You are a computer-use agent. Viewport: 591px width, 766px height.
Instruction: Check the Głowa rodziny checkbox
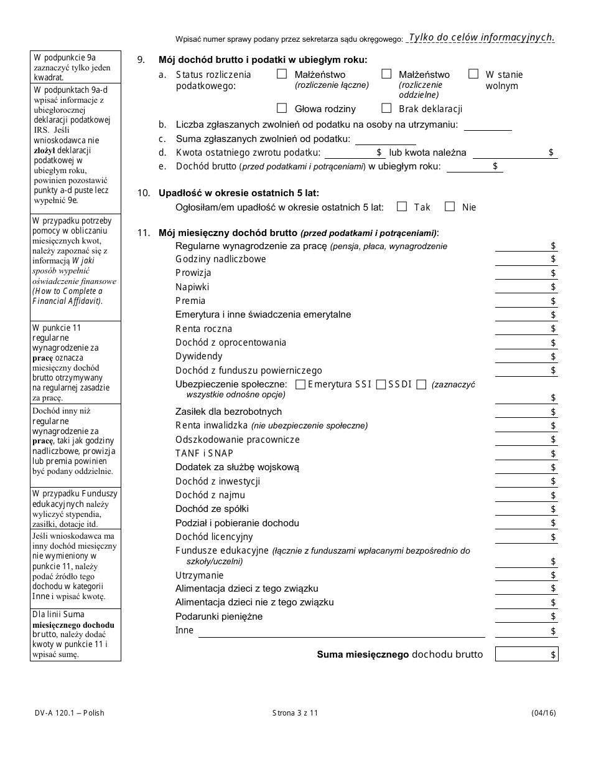282,108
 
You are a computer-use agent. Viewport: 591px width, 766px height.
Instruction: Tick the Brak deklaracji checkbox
386,108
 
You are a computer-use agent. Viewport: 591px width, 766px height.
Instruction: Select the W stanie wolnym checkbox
473,73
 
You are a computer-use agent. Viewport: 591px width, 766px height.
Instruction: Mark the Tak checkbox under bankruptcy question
402,206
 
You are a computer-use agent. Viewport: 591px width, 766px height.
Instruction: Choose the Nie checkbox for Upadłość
450,206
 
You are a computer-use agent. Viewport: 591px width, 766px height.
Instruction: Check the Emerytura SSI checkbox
300,384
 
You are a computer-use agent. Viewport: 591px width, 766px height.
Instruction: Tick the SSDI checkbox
381,384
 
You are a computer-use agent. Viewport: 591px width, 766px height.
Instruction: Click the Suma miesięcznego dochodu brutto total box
526,654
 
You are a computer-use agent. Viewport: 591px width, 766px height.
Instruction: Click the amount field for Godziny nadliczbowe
526,259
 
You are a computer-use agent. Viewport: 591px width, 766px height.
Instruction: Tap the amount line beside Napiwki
526,287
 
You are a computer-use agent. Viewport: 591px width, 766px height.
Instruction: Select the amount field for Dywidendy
526,356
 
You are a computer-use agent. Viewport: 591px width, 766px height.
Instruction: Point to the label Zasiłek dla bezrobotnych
228,412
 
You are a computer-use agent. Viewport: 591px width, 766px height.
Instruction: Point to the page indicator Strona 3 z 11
295,713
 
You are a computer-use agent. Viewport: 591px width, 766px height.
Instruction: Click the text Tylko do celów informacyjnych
482,37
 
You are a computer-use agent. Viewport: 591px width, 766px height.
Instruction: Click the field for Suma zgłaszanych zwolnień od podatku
385,139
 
